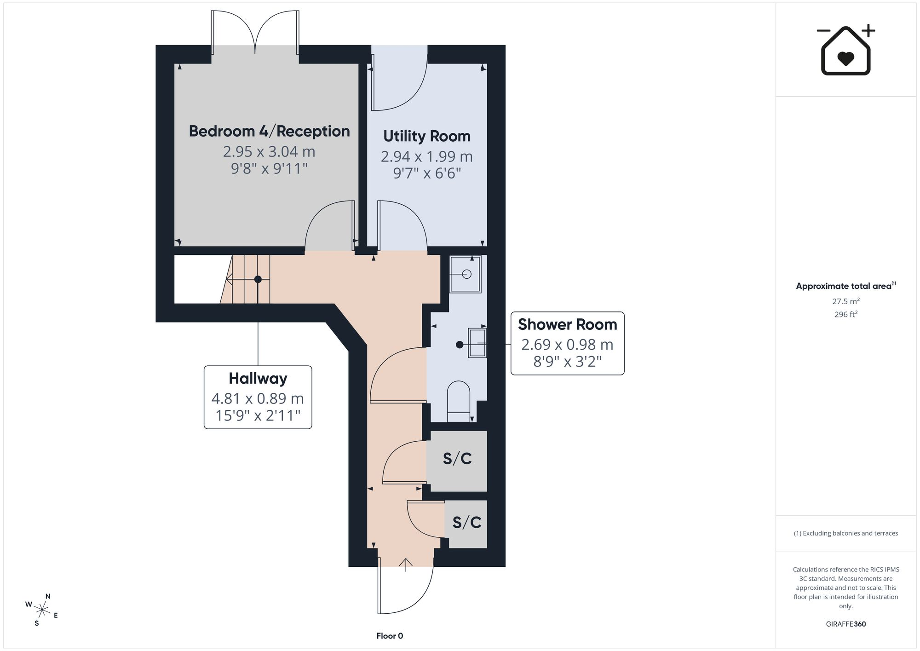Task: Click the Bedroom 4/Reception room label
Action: (x=269, y=131)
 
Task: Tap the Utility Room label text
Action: (x=427, y=136)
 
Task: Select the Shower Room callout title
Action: (x=567, y=324)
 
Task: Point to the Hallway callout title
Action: (x=258, y=379)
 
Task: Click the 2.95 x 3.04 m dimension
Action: (x=269, y=151)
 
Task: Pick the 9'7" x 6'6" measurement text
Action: (x=427, y=173)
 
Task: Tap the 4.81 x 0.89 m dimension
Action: (x=258, y=398)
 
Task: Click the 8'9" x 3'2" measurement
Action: (x=567, y=362)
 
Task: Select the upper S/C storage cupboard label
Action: (x=457, y=459)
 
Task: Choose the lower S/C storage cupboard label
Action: (x=467, y=523)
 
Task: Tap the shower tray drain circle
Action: (x=466, y=275)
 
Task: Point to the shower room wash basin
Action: (x=477, y=343)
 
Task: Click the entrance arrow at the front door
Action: (x=405, y=565)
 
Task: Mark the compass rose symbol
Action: (x=42, y=610)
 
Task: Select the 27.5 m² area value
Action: (x=846, y=301)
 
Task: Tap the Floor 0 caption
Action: (x=390, y=636)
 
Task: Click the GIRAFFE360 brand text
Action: (x=846, y=624)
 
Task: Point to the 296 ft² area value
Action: (x=846, y=315)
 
